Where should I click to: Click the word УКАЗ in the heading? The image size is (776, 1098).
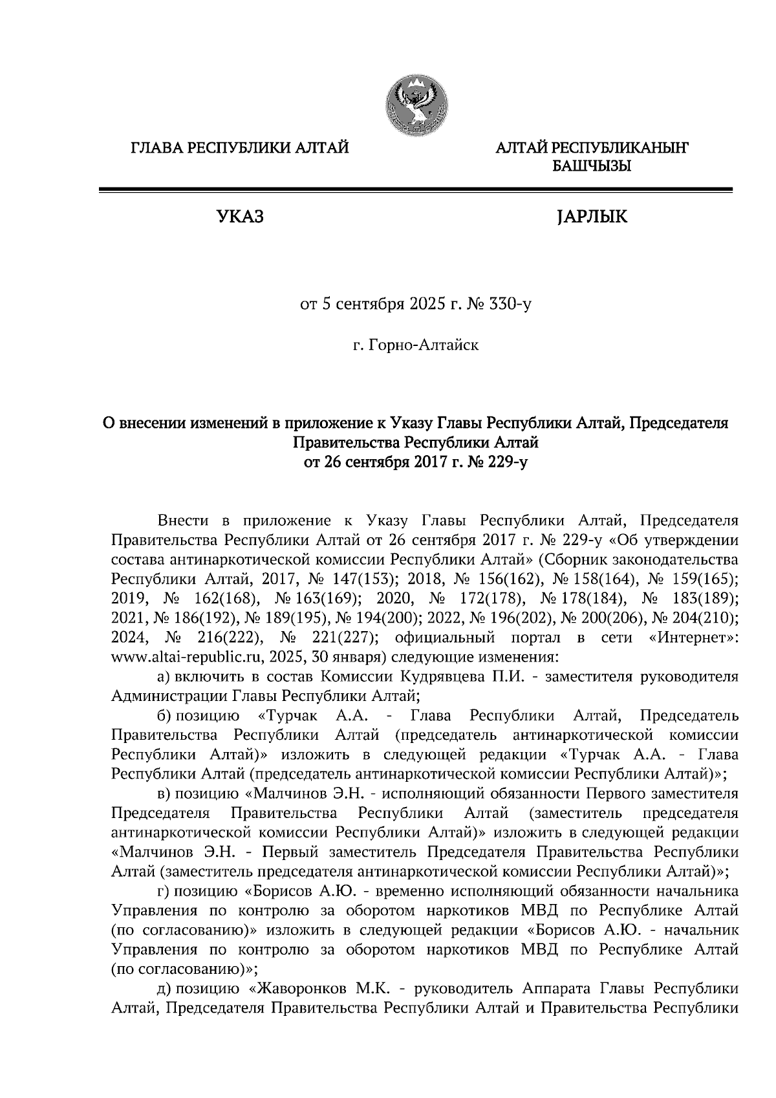[240, 217]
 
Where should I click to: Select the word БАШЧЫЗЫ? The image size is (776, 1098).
[590, 167]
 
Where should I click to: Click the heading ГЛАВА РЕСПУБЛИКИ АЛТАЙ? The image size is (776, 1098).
[240, 149]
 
